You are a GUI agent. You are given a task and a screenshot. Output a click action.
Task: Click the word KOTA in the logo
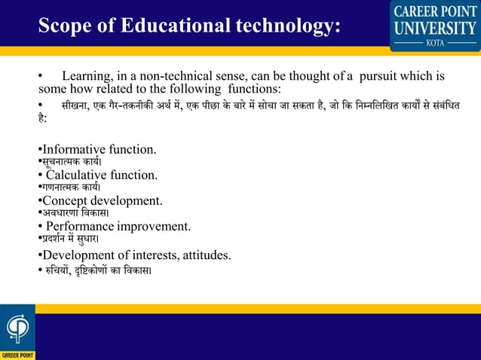click(435, 43)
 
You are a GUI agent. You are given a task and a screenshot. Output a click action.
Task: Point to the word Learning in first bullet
click(86, 77)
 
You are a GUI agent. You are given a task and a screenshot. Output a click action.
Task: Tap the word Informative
click(74, 149)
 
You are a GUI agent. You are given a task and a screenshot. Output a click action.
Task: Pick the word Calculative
click(79, 175)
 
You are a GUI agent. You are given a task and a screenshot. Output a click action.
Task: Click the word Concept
click(64, 200)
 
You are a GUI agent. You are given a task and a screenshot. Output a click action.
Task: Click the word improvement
click(153, 226)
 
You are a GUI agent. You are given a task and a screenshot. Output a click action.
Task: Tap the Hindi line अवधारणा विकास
click(72, 213)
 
